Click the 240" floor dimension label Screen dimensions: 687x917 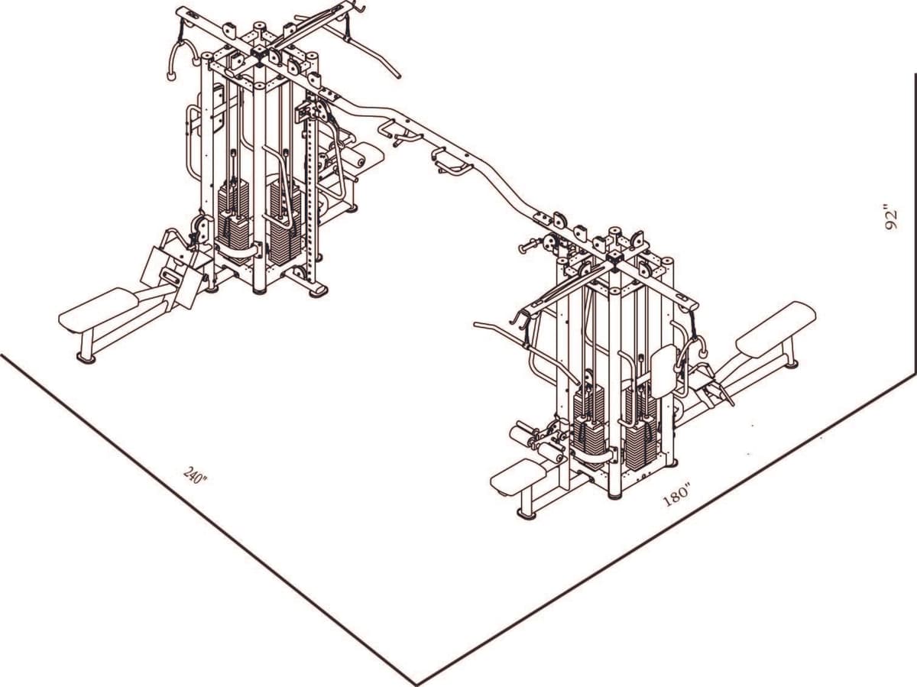(x=196, y=475)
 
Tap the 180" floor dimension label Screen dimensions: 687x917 (x=677, y=496)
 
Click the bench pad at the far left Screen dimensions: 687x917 (x=98, y=309)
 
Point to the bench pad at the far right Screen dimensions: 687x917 (x=776, y=328)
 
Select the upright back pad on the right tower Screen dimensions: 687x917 (x=663, y=371)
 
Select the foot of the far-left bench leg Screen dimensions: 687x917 (x=86, y=357)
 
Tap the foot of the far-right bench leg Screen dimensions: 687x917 (x=792, y=363)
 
